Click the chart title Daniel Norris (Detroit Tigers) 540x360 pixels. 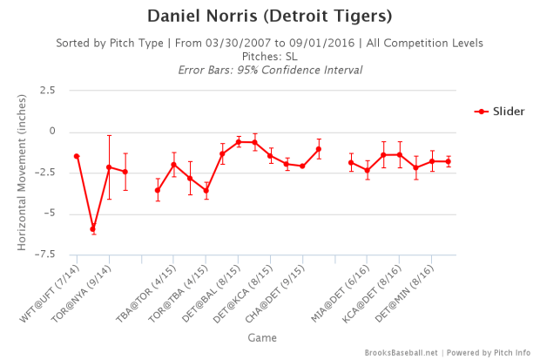[x=269, y=17]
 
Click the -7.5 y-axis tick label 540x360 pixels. [x=41, y=255]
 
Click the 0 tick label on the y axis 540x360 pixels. [x=51, y=131]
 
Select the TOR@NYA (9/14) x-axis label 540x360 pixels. [x=84, y=289]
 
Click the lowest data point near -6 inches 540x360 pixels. [x=92, y=229]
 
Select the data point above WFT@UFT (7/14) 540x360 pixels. [x=77, y=156]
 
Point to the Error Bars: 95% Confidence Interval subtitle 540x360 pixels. [x=269, y=69]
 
